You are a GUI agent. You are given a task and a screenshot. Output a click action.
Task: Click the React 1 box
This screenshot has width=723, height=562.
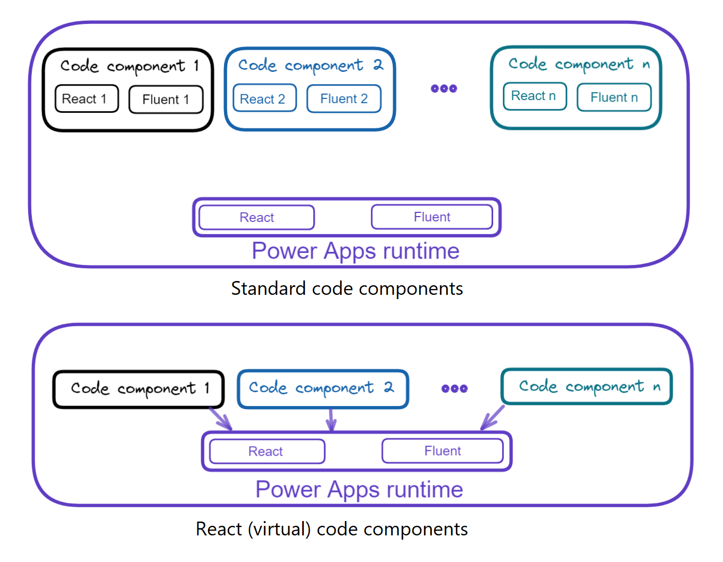pos(86,99)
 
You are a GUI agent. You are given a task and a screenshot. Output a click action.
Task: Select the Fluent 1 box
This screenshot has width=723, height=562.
pos(166,100)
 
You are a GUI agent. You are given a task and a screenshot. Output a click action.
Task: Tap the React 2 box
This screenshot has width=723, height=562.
pos(264,98)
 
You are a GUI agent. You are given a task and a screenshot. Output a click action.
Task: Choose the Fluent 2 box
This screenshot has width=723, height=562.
pos(344,98)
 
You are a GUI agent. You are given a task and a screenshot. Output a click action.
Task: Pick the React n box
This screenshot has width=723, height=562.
pos(535,96)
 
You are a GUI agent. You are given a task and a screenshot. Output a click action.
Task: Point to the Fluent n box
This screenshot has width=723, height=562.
pos(614,97)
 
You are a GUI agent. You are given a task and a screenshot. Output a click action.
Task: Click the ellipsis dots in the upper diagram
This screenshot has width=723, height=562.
pos(444,89)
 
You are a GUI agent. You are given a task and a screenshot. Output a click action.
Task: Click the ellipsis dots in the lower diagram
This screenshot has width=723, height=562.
pos(454,389)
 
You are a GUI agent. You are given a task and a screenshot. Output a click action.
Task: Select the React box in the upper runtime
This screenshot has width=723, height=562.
pos(256,218)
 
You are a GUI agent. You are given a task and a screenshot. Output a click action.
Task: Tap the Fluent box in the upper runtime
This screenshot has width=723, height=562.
pos(431,217)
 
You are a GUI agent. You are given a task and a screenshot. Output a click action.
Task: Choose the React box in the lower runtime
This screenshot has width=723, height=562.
pos(267,451)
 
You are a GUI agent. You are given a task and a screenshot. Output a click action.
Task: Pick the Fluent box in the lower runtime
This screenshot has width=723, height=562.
pos(442,451)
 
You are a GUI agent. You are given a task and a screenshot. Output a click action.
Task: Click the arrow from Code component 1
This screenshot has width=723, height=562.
pos(221,419)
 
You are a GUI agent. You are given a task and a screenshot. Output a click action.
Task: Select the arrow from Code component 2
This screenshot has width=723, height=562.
pos(331,419)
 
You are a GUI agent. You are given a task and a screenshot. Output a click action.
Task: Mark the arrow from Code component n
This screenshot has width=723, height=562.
pos(493,418)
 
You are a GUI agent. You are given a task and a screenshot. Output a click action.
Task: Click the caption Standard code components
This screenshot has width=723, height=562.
pos(347,288)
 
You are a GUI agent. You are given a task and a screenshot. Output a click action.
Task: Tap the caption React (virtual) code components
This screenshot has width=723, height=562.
pos(331,529)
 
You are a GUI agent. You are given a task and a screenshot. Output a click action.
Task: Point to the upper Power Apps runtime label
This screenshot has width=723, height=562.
pos(355,251)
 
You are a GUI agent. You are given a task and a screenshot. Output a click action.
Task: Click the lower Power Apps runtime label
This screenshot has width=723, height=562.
pos(359,489)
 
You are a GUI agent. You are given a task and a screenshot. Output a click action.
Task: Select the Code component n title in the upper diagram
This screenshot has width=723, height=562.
pos(579,64)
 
